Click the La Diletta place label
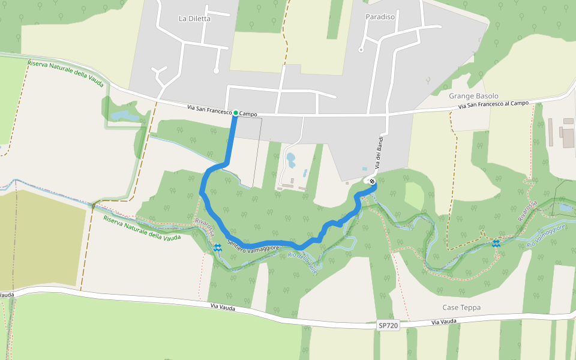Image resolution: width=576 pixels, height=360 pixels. pos(195,19)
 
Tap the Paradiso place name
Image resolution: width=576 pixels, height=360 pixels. pos(380,17)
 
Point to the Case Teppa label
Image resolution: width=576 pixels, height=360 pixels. pos(461,308)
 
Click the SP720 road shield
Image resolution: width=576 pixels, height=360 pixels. pos(388,325)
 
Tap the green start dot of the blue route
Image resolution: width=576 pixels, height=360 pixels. pos(236,113)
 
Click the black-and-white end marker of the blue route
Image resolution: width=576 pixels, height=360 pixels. pos(373,181)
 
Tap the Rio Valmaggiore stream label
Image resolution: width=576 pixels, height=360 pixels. pos(546,236)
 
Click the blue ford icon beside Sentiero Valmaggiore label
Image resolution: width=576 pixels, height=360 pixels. pos(217,247)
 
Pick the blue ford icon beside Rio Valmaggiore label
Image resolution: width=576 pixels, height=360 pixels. pos(496,243)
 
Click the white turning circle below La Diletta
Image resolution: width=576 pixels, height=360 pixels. pos(216,70)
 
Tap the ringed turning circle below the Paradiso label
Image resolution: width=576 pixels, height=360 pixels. pos(361,50)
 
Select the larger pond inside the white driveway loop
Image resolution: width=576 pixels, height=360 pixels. pos(291,160)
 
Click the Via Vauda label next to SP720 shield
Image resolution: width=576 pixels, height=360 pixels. pos(445,322)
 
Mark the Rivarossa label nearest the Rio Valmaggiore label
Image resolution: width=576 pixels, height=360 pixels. pos(529,211)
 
